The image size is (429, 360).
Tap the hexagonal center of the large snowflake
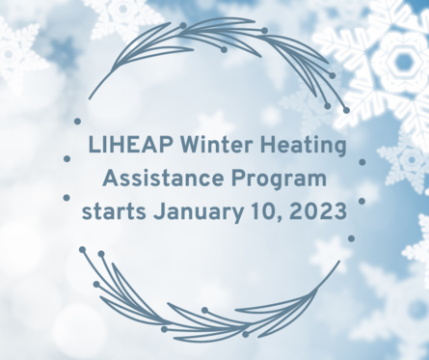(x=397, y=60)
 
